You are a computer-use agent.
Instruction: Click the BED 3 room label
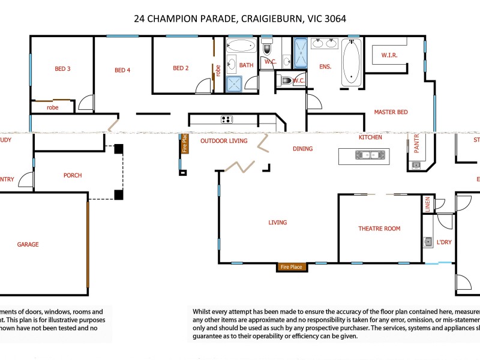62,69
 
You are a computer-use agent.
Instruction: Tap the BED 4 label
122,70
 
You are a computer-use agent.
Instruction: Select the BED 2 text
181,68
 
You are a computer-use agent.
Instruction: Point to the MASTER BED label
391,112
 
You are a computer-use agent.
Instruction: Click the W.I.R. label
389,56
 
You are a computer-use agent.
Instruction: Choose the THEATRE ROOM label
379,229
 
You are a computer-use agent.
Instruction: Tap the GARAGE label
28,244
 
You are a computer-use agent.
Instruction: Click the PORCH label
73,176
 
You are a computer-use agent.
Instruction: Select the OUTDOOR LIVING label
224,141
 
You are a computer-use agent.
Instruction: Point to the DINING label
302,149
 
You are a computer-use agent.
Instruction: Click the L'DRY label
444,242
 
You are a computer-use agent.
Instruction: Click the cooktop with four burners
227,119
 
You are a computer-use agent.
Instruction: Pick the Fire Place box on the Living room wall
292,267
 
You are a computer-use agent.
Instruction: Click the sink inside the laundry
427,242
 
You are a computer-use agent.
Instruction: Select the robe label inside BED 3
53,108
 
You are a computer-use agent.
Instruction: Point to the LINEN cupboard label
428,204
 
